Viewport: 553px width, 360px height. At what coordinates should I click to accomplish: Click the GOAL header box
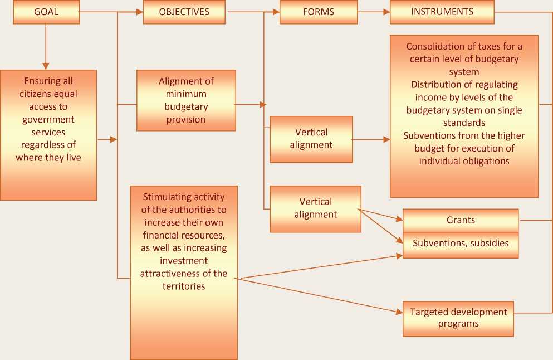[x=46, y=12]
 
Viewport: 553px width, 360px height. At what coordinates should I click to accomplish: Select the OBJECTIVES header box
[x=184, y=12]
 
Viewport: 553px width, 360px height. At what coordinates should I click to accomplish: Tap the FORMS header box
[x=318, y=12]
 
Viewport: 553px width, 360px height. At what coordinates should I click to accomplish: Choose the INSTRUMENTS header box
[x=442, y=12]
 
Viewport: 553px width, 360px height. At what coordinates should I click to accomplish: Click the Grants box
[x=461, y=220]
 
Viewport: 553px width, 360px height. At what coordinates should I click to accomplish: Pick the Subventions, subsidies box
[x=461, y=244]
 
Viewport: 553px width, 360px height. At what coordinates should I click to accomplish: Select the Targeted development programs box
[x=458, y=318]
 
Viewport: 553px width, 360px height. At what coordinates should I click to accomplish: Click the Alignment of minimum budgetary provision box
[x=186, y=100]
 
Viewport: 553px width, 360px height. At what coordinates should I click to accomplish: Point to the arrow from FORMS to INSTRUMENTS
[x=373, y=12]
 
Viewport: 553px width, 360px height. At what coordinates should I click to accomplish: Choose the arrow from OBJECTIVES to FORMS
[x=253, y=12]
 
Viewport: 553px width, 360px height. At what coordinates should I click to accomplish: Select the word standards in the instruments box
[x=464, y=123]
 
